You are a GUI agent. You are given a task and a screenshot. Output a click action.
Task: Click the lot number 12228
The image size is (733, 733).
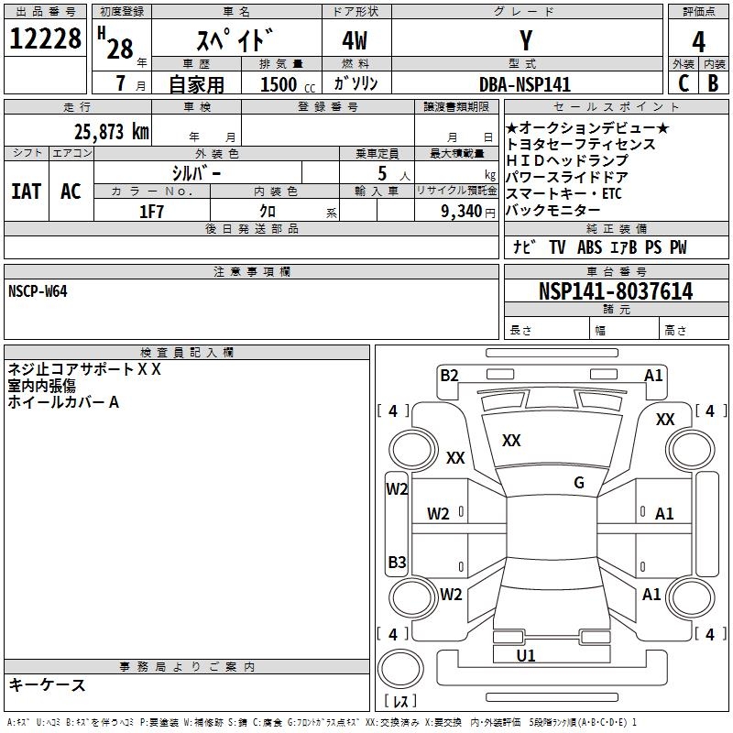click(45, 38)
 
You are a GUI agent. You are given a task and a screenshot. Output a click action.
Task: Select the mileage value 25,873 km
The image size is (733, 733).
click(112, 132)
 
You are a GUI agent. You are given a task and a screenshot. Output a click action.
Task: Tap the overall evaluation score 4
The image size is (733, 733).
click(698, 42)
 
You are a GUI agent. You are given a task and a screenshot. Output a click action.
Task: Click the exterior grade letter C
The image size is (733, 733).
click(684, 83)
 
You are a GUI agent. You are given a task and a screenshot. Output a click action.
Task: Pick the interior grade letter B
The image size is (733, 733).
click(714, 83)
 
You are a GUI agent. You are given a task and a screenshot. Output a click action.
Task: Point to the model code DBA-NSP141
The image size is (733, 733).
click(525, 84)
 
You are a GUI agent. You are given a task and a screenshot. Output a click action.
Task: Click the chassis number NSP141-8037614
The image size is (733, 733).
click(616, 291)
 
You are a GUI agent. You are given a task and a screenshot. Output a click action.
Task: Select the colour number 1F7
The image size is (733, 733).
click(151, 212)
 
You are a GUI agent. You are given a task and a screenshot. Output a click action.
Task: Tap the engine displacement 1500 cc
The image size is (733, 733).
click(288, 84)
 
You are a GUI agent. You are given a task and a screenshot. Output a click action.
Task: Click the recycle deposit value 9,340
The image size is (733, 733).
click(462, 212)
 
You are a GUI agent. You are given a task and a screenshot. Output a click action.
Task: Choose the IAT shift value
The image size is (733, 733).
click(27, 191)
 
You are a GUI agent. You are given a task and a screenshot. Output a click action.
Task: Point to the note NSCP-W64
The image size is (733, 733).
click(38, 291)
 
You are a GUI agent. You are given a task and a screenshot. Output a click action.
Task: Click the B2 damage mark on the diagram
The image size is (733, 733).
click(449, 376)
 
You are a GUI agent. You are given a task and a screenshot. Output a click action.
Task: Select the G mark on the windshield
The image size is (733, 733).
click(579, 483)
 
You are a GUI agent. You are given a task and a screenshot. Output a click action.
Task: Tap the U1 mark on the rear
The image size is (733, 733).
click(526, 655)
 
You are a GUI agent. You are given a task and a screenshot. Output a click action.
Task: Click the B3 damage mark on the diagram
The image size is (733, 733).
click(397, 562)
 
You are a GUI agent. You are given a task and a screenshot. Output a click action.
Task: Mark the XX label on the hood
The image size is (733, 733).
click(511, 441)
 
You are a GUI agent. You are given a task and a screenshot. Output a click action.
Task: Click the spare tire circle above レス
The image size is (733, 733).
click(400, 669)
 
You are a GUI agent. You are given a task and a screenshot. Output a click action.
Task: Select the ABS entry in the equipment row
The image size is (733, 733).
click(589, 247)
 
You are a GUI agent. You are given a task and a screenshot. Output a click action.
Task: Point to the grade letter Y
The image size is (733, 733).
click(526, 40)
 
